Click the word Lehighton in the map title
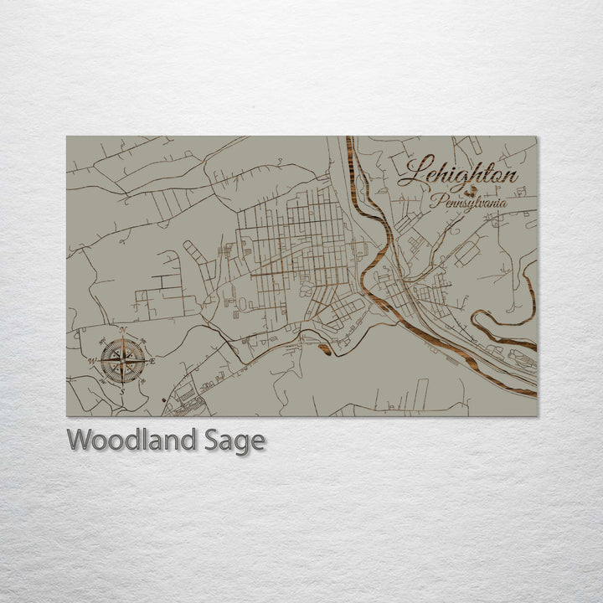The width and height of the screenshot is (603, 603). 457,174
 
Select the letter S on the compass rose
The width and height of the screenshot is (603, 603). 122,391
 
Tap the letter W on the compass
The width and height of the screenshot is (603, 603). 91,362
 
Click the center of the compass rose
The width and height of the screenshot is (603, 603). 123,362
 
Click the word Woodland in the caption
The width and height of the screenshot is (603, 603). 131,440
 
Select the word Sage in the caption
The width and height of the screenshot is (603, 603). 234,441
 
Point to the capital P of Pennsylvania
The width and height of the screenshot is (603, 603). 436,201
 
